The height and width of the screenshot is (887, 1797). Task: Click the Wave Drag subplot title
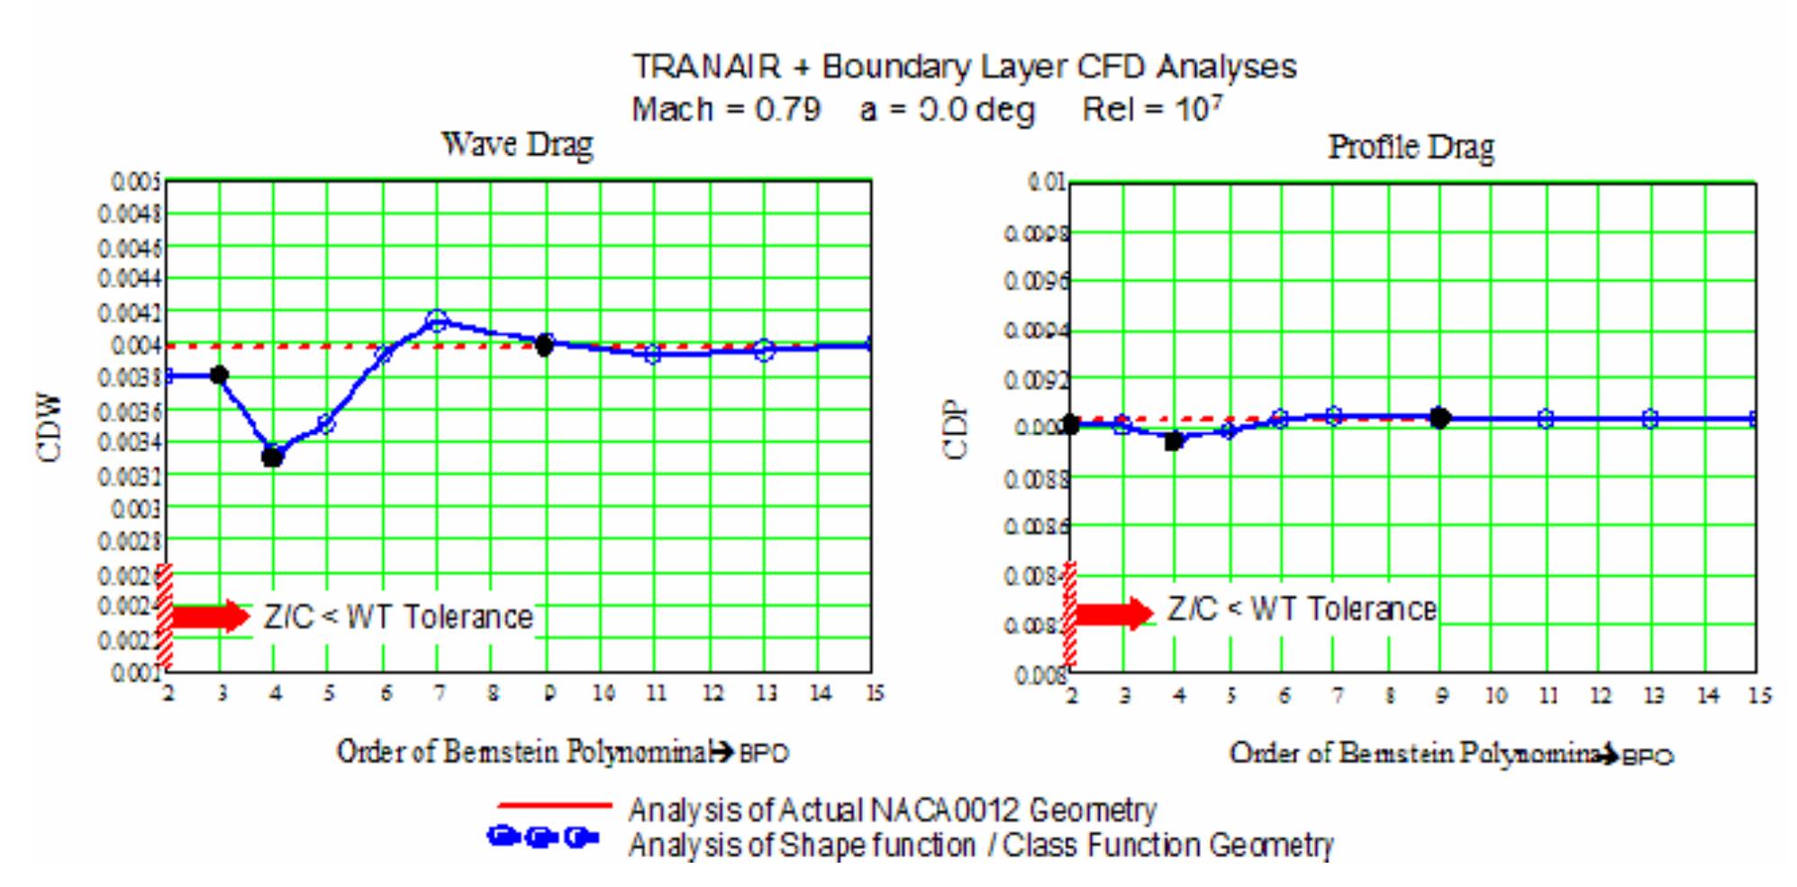click(x=517, y=144)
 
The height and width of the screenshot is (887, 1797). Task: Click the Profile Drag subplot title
click(x=1411, y=147)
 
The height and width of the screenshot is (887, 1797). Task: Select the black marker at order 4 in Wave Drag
click(x=273, y=457)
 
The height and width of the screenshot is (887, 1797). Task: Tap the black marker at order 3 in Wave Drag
click(x=219, y=375)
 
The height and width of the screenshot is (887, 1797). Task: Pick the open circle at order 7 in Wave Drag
click(x=437, y=321)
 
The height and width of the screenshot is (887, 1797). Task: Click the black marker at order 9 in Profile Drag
click(x=1439, y=418)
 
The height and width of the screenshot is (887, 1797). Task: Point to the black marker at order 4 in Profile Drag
click(x=1174, y=440)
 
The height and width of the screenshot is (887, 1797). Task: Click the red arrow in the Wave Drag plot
click(x=209, y=616)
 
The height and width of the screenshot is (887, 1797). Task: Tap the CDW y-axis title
click(x=51, y=428)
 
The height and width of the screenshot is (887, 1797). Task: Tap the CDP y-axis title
click(x=956, y=430)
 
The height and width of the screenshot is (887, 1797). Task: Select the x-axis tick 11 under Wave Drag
click(x=656, y=693)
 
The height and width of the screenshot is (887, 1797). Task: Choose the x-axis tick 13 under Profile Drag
click(x=1653, y=695)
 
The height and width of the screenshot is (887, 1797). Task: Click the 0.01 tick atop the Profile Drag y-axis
click(x=1048, y=184)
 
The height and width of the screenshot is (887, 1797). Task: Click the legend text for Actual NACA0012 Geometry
click(x=892, y=810)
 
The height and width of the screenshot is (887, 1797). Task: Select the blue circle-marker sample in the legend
click(x=543, y=837)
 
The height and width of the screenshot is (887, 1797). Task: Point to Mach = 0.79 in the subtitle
click(x=725, y=110)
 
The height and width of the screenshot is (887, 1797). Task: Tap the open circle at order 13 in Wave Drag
click(x=765, y=350)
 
